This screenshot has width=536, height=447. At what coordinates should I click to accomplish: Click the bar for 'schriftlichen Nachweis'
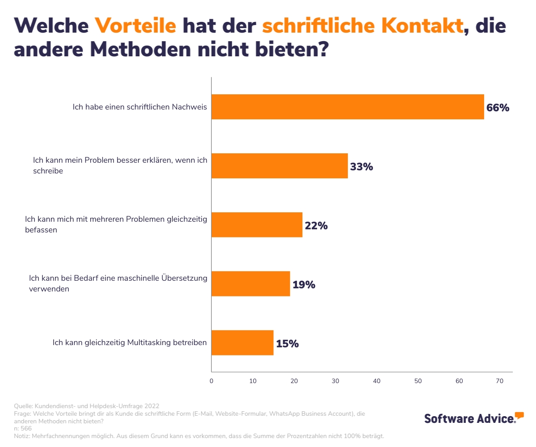(348, 107)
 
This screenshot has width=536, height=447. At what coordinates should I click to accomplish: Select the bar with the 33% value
(279, 166)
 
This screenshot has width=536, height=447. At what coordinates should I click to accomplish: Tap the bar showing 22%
(257, 225)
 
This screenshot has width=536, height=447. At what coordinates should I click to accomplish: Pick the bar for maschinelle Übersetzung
(251, 284)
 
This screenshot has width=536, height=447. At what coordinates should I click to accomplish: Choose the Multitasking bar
(242, 343)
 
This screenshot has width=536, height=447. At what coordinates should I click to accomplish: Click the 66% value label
(498, 108)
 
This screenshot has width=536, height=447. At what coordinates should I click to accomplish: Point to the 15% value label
(287, 344)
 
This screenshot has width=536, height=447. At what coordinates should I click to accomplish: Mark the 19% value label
(304, 285)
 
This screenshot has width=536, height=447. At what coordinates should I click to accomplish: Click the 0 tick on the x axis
(211, 381)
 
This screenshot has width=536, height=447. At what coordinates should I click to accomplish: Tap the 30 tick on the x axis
(335, 381)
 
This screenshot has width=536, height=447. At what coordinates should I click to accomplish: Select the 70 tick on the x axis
(500, 381)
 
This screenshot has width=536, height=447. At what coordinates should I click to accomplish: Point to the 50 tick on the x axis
(418, 381)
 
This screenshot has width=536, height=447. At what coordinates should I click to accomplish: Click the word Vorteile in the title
(135, 26)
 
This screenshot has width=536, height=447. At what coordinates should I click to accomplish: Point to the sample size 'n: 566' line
(23, 428)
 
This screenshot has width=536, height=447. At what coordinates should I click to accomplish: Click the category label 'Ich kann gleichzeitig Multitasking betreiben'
(130, 343)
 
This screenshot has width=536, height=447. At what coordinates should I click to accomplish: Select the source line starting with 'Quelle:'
(87, 406)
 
